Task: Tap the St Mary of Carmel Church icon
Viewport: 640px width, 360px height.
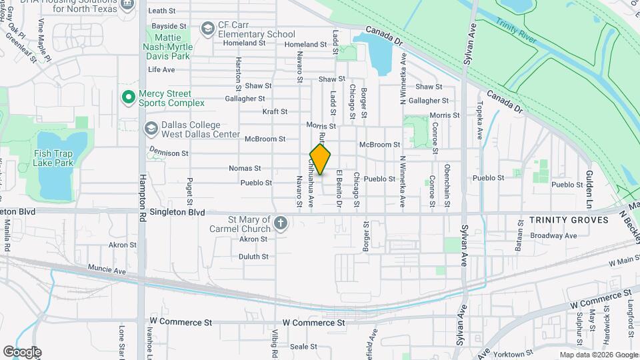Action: [281, 223]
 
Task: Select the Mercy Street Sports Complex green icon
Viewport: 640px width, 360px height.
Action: [128, 98]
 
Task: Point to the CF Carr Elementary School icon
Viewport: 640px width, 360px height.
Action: [208, 28]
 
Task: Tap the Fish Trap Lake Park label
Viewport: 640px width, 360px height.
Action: [53, 158]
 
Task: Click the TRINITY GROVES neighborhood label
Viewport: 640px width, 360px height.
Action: [569, 220]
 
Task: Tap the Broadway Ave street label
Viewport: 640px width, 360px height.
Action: [553, 235]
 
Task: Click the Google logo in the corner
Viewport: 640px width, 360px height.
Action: [22, 351]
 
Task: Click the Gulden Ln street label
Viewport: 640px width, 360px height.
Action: [589, 180]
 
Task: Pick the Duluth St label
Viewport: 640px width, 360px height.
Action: [253, 256]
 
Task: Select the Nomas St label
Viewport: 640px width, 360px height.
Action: [245, 168]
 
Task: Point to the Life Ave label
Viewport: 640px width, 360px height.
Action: [161, 69]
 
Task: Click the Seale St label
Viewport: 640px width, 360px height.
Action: [303, 347]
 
